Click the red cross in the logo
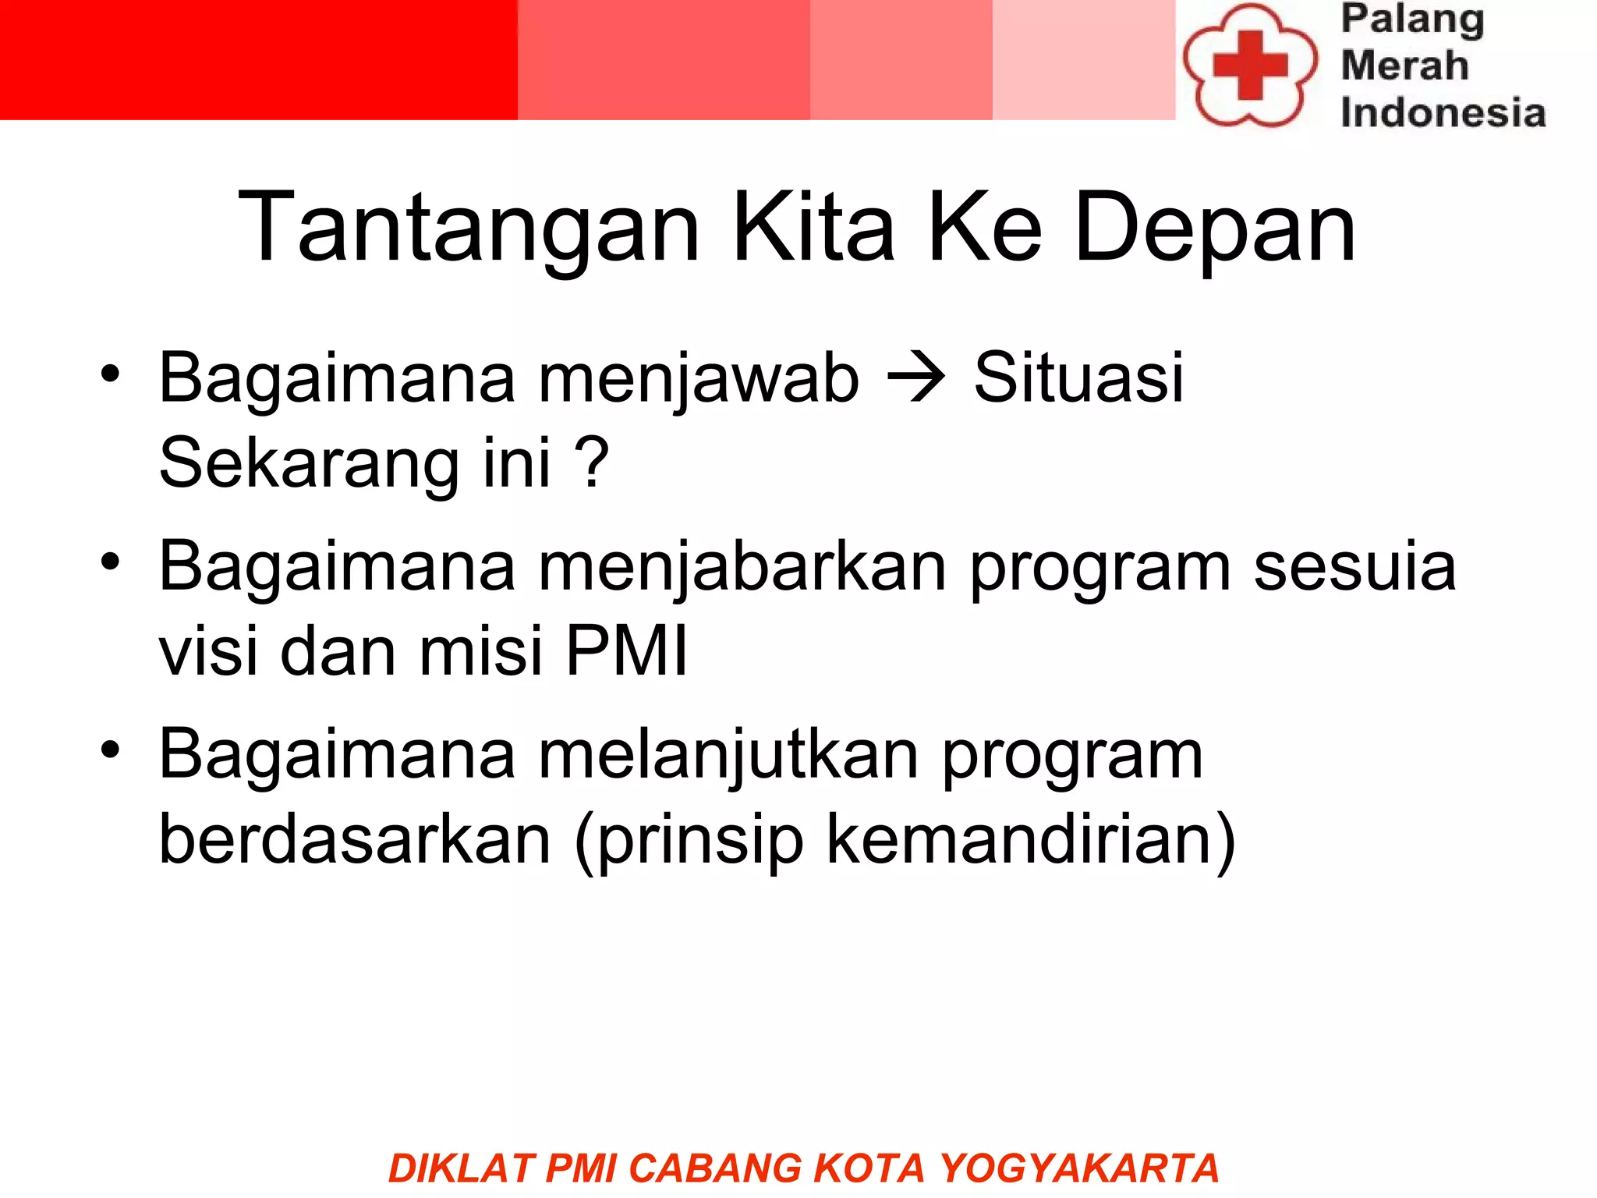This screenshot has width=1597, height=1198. [1249, 65]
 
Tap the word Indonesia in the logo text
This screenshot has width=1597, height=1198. [1443, 112]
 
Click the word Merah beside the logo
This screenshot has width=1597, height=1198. [1404, 65]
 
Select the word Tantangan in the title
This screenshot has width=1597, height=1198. [469, 228]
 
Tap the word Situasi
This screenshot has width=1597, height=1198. [1078, 377]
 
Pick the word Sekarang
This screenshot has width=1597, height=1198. [309, 463]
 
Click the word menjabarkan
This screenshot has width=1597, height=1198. [742, 567]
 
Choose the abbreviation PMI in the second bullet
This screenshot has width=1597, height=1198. [626, 651]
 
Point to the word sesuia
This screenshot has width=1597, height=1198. [1354, 567]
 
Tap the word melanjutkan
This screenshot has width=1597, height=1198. [729, 755]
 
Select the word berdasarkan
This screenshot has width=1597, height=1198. [355, 840]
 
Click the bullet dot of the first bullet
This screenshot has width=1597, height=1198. [110, 374]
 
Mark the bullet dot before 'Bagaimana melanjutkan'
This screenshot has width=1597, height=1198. [110, 750]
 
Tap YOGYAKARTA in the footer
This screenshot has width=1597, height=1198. [1079, 1168]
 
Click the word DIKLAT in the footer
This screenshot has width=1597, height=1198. [461, 1168]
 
